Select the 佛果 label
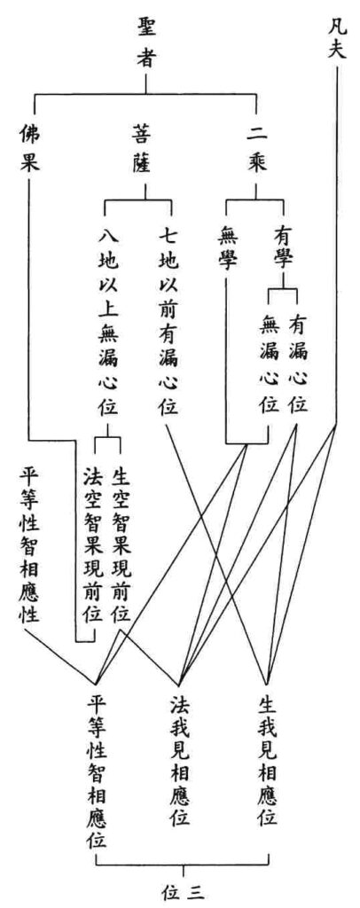point(29,149)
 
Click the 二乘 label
point(256,149)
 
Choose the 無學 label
point(229,247)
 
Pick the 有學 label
point(283,247)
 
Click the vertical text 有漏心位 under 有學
point(298,363)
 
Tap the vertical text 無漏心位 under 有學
point(269,363)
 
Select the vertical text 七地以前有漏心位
point(168,321)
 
